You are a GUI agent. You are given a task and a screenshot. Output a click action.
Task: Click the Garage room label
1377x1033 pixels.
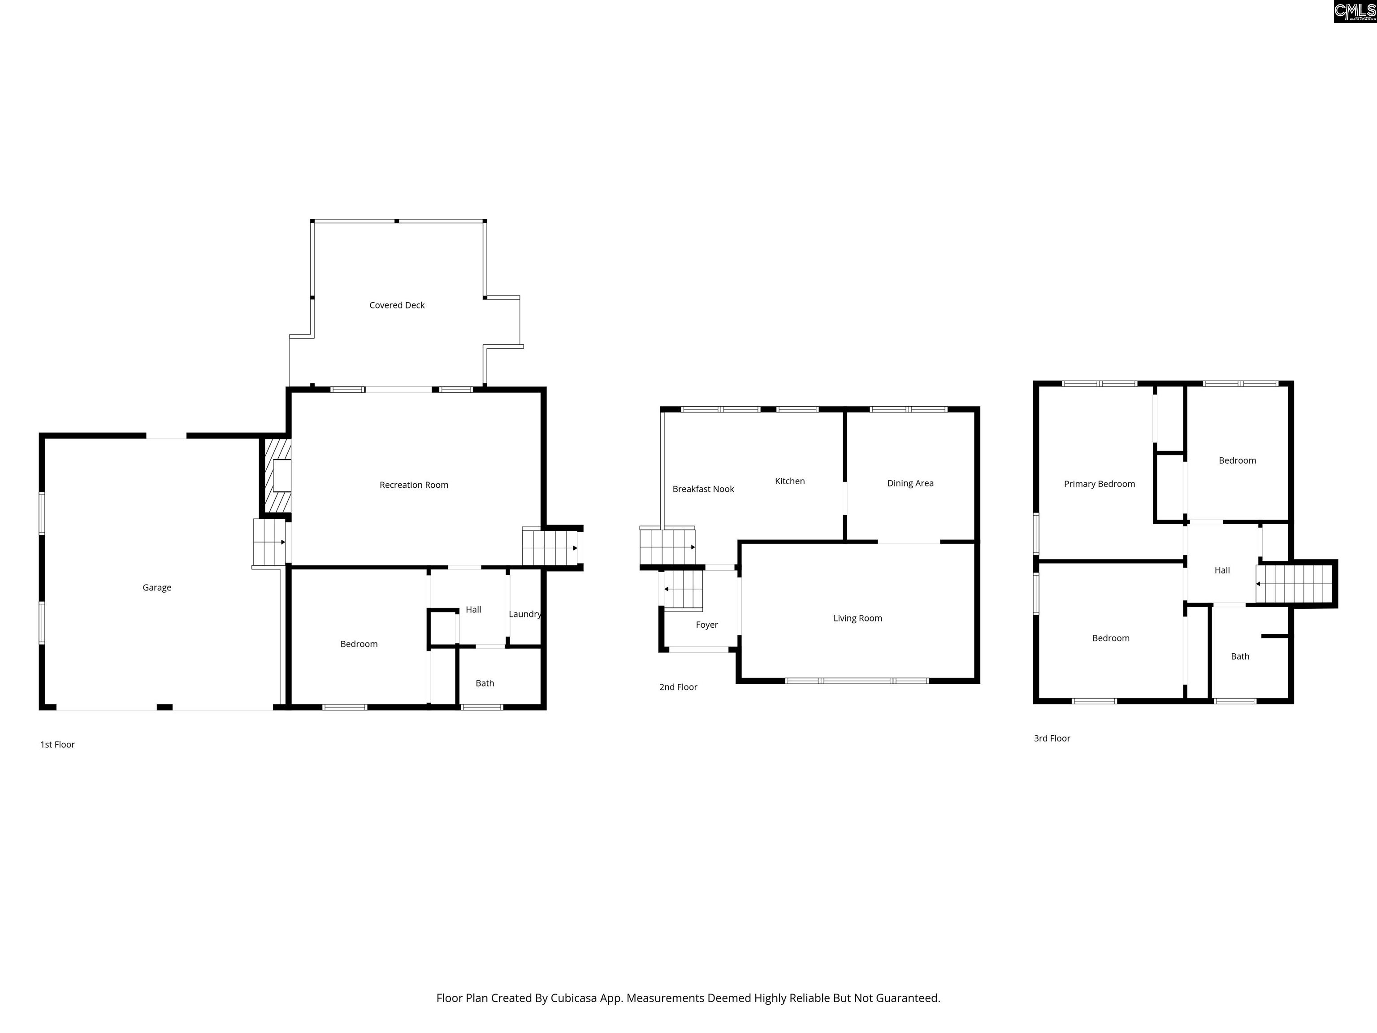(157, 587)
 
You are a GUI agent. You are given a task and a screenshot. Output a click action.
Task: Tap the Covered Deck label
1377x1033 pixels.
(397, 305)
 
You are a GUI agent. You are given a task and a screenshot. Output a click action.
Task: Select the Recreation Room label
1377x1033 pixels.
(414, 485)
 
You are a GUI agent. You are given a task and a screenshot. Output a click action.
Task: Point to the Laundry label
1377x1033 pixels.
(525, 614)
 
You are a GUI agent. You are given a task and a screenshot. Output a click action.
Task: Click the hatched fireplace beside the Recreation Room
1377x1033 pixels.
(276, 476)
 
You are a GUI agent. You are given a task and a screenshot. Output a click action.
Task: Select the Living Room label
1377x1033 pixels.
(858, 618)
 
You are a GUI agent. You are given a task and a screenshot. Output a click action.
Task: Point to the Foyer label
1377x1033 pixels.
(707, 625)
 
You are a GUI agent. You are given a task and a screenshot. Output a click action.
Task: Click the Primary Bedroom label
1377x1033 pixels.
(1100, 484)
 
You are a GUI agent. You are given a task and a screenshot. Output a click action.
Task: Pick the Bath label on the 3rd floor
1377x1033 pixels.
(1240, 656)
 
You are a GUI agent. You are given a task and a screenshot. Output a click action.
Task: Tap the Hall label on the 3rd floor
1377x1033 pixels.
(1222, 570)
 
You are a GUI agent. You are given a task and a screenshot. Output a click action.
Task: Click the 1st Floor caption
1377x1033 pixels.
(57, 745)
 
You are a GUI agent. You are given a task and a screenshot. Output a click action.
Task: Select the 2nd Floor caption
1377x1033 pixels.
(679, 687)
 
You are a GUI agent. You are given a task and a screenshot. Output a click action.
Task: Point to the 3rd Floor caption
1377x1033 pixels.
(1052, 738)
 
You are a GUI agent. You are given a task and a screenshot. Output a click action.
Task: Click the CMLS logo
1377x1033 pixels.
(1355, 11)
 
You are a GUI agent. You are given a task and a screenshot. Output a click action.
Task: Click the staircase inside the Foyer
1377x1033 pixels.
(684, 590)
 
